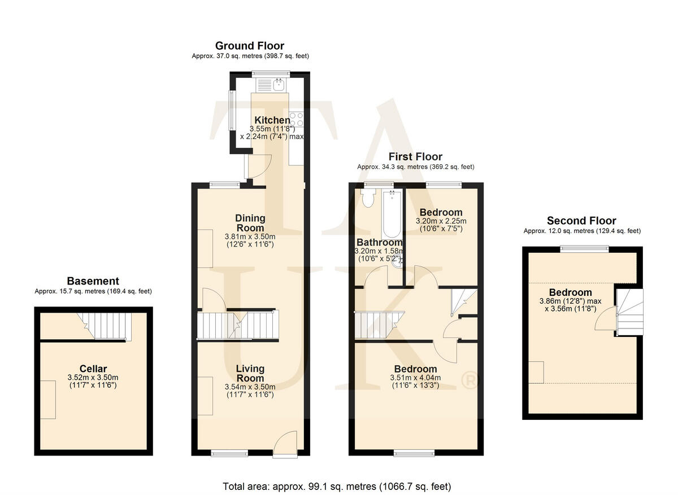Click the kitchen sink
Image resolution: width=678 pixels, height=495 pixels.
pos(278,85)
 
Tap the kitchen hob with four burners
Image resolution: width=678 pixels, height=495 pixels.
pos(297,120)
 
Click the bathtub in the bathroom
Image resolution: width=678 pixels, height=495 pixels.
pos(392,214)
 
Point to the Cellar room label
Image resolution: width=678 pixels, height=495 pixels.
pos(94,369)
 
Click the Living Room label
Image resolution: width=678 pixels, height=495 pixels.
pos(250,373)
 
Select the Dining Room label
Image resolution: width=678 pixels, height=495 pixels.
pos(250,223)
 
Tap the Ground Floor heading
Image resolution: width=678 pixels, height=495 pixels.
pos(250,46)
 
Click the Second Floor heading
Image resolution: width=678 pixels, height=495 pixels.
pos(581,221)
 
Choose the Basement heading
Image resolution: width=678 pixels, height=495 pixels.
pos(93,281)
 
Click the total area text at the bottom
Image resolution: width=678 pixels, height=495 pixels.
pos(337,486)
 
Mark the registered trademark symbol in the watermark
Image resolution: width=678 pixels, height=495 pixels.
pos(470,381)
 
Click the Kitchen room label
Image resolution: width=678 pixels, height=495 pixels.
pos(272,120)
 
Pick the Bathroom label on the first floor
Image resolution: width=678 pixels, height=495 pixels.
pos(379,242)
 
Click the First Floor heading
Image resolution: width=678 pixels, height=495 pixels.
pos(415,156)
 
